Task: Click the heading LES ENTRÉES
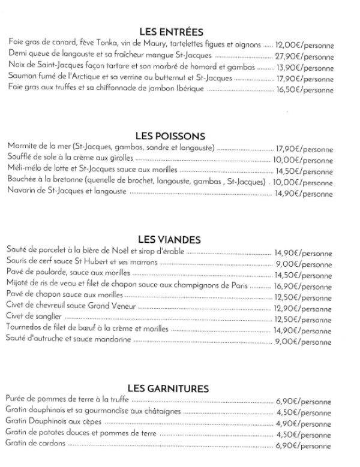tap(171, 32)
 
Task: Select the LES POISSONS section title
tap(171, 136)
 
